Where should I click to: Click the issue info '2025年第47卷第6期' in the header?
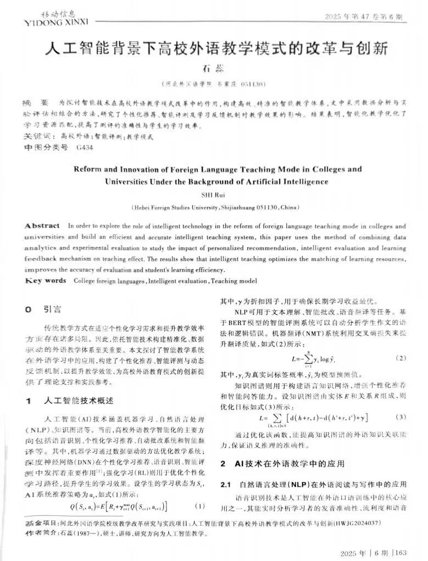pos(365,17)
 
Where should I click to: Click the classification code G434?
pos(85,148)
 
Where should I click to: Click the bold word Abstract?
pos(42,226)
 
